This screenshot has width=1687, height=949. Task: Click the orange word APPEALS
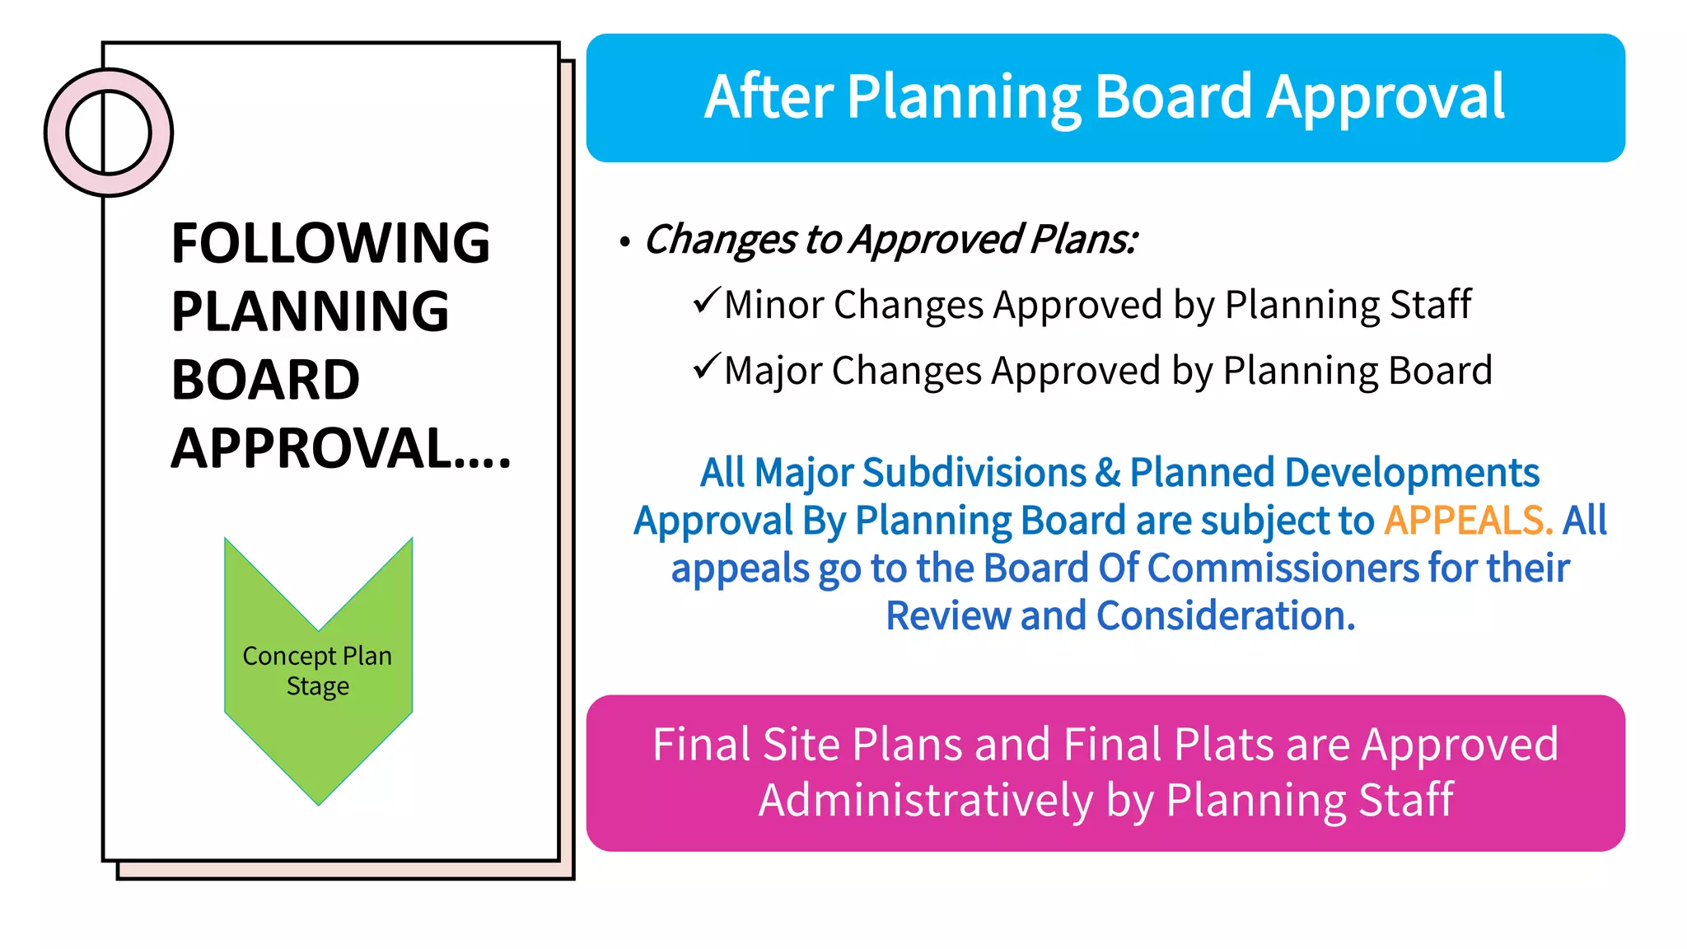pos(1467,521)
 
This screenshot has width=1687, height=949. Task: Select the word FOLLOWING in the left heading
pos(330,244)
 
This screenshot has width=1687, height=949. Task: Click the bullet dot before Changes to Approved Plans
pos(625,242)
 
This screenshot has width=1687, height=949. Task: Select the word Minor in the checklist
pos(773,305)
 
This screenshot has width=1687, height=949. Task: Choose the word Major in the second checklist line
pos(773,371)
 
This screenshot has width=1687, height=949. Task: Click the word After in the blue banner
pos(769,97)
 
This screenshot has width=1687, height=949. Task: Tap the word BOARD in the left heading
pos(265,381)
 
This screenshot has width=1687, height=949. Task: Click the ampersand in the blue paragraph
pos(1108,473)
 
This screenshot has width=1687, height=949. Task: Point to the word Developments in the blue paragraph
pos(1412,473)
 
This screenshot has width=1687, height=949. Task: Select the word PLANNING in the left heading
pos(310,312)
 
